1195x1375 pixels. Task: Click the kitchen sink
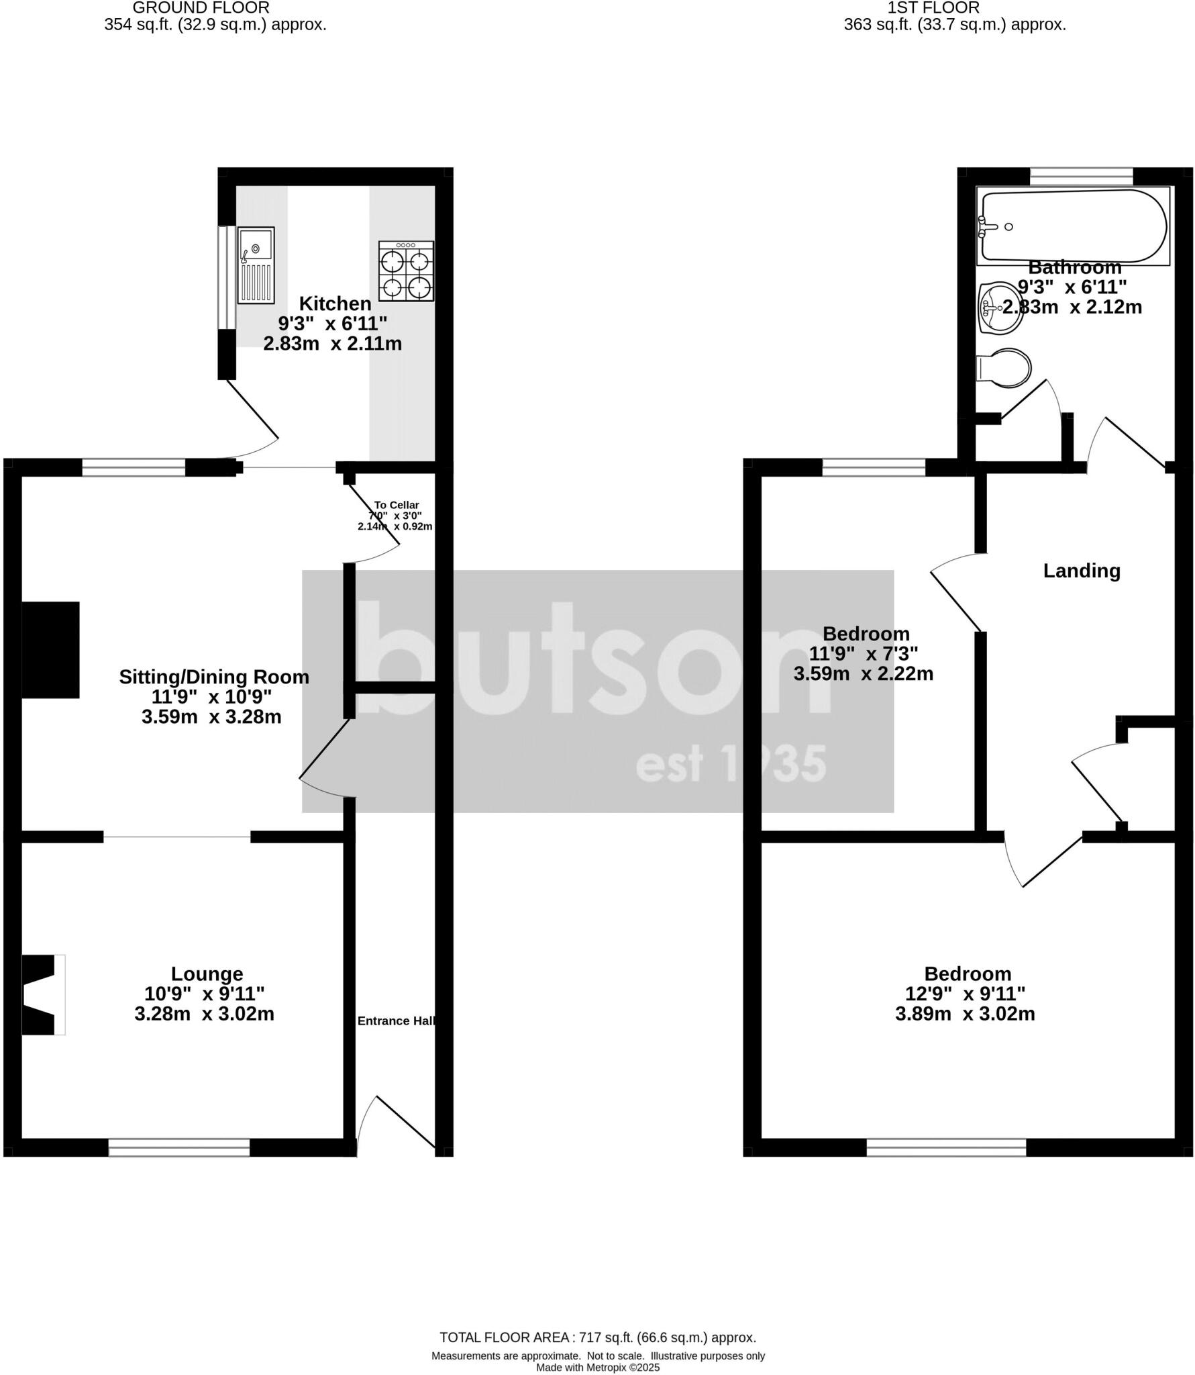coord(256,265)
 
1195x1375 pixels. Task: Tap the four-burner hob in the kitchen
coord(406,271)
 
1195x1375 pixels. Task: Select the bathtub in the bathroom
coord(1073,226)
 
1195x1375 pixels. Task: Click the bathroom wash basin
coord(1000,308)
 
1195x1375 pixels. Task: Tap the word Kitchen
coord(335,303)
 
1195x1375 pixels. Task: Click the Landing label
coord(1082,571)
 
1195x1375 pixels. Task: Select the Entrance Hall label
coord(397,1021)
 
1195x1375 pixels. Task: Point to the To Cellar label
coord(397,505)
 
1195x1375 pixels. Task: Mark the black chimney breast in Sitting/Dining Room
coord(51,649)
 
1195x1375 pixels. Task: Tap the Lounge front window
coord(179,1147)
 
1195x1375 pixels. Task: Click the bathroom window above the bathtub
coord(1081,176)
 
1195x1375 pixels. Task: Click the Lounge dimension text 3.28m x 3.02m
coord(204,1014)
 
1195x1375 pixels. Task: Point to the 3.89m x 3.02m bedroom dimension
coord(965,1014)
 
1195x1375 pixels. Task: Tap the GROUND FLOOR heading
coord(201,8)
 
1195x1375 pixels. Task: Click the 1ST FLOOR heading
coord(933,8)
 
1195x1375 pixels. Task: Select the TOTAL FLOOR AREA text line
coord(598,1337)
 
